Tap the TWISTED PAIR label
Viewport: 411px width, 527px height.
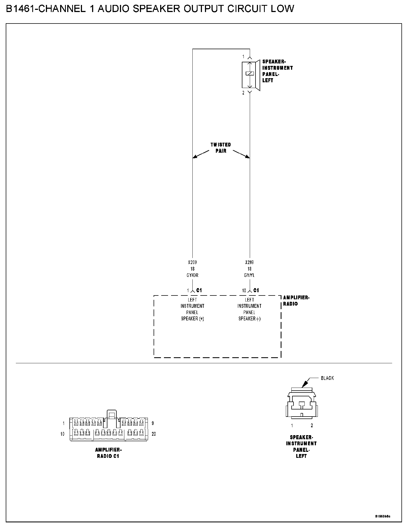(x=221, y=148)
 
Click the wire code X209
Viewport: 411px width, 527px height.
(x=192, y=262)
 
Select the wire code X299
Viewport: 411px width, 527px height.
(x=249, y=262)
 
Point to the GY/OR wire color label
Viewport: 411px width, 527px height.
(x=192, y=275)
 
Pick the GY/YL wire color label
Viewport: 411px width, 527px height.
(x=249, y=275)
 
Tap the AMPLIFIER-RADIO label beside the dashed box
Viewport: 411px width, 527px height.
(x=296, y=301)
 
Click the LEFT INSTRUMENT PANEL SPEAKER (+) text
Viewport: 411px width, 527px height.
(x=192, y=309)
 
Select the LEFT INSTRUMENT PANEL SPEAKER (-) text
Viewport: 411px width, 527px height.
(x=249, y=309)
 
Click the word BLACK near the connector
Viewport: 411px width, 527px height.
(x=327, y=378)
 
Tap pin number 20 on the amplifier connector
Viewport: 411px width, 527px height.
(x=154, y=434)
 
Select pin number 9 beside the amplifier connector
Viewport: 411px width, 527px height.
(x=152, y=423)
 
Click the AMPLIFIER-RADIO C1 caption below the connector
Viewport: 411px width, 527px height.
(x=108, y=453)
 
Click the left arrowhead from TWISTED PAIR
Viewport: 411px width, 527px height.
(x=195, y=157)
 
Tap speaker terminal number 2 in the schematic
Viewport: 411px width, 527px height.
(x=243, y=93)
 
